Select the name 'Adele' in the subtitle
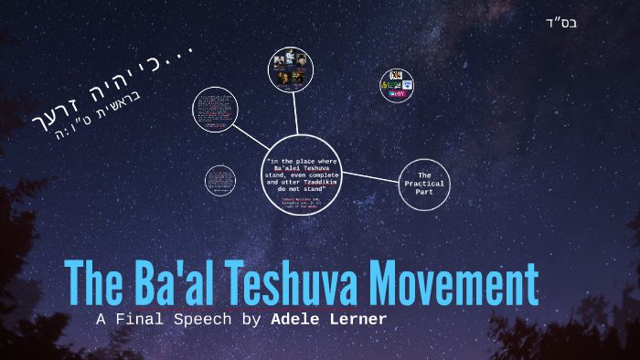(x=293, y=319)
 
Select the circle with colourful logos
(x=397, y=85)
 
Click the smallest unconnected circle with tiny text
(x=219, y=179)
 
